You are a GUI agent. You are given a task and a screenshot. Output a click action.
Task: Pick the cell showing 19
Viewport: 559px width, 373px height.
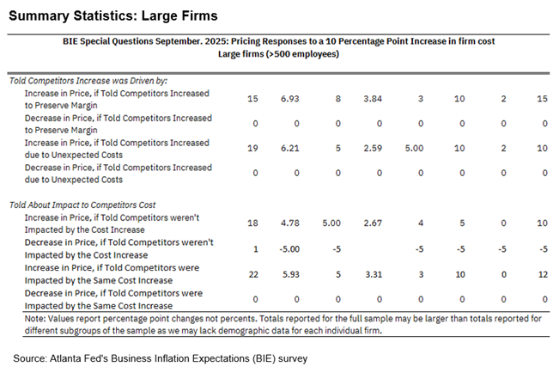(252, 150)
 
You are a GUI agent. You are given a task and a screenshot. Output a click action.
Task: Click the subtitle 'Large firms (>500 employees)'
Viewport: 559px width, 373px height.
(278, 54)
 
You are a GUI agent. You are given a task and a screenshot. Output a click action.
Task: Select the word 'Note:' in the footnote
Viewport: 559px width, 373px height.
(23, 317)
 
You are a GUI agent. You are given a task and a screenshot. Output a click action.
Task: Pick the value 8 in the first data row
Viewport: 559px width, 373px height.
(338, 101)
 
